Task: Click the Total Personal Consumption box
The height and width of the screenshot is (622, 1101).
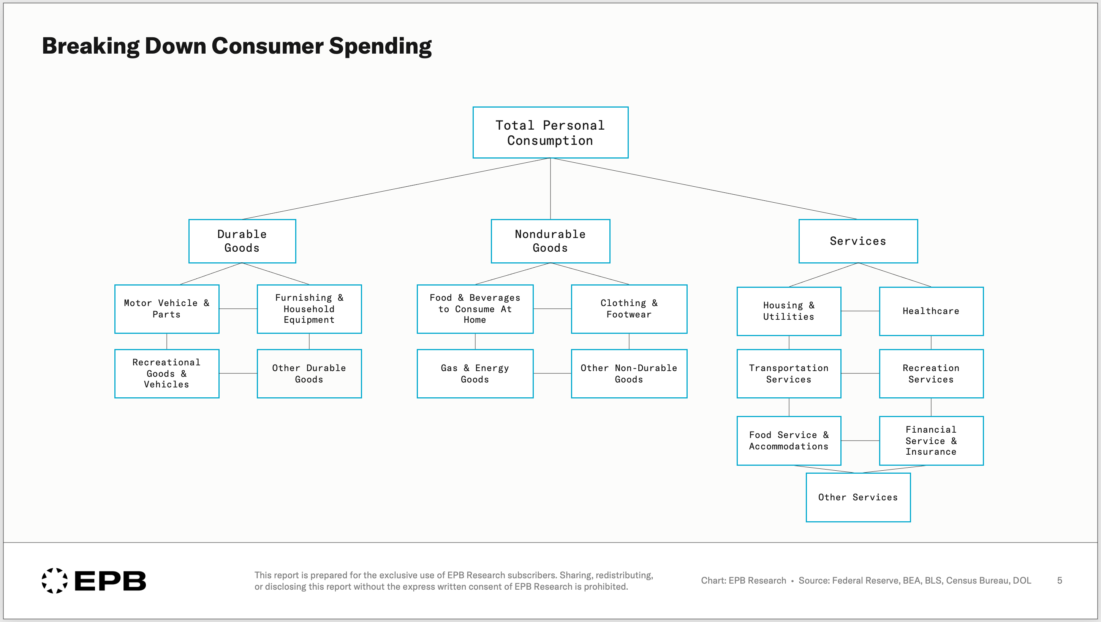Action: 550,133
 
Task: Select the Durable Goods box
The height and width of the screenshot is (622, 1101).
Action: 242,241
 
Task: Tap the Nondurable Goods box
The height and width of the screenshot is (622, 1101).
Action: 550,241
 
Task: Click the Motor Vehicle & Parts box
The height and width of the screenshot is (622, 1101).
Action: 167,309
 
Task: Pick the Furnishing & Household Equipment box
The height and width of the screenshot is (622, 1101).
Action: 309,309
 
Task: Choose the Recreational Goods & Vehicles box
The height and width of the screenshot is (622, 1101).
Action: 167,373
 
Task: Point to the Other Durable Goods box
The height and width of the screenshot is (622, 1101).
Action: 309,373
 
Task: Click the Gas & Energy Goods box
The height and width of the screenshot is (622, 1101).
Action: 475,373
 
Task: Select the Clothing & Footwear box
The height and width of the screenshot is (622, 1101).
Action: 629,309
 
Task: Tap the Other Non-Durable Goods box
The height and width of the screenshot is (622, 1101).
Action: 629,373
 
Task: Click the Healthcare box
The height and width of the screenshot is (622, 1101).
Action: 931,311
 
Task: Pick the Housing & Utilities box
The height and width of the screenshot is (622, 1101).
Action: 789,311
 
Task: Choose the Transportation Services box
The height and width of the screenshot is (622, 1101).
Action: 789,373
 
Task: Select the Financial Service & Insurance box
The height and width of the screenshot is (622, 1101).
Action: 931,441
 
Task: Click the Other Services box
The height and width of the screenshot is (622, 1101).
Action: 858,497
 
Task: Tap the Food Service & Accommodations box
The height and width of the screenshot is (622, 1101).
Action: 789,441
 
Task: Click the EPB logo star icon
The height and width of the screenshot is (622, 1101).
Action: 55,581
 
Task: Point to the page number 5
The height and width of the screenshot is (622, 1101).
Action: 1060,581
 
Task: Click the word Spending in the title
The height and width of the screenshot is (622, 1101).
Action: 380,46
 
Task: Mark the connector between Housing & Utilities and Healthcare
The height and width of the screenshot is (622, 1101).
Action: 860,311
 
